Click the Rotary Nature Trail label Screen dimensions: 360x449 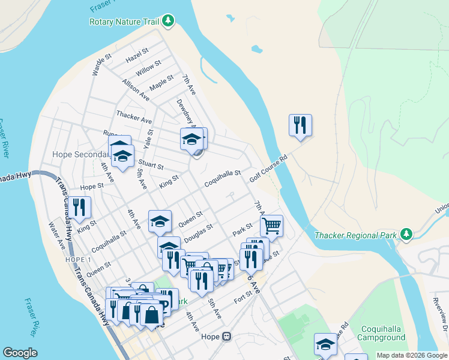point(124,22)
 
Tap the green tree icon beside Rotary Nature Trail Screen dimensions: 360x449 point(169,21)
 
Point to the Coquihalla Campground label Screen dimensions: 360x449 point(384,334)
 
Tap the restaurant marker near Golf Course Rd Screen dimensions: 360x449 point(300,125)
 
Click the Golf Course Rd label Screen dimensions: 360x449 point(269,167)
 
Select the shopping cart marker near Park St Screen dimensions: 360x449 point(271,226)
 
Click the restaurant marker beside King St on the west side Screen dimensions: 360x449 point(79,207)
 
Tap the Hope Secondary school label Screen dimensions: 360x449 point(79,154)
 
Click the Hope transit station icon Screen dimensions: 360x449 point(226,336)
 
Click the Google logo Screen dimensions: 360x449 point(20,353)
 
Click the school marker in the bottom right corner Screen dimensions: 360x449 point(325,344)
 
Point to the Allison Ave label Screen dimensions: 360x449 point(135,88)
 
